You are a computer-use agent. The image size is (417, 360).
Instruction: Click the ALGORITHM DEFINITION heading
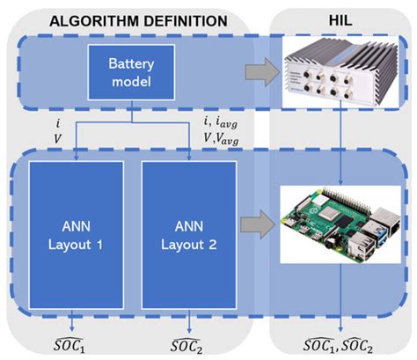tap(129, 19)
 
